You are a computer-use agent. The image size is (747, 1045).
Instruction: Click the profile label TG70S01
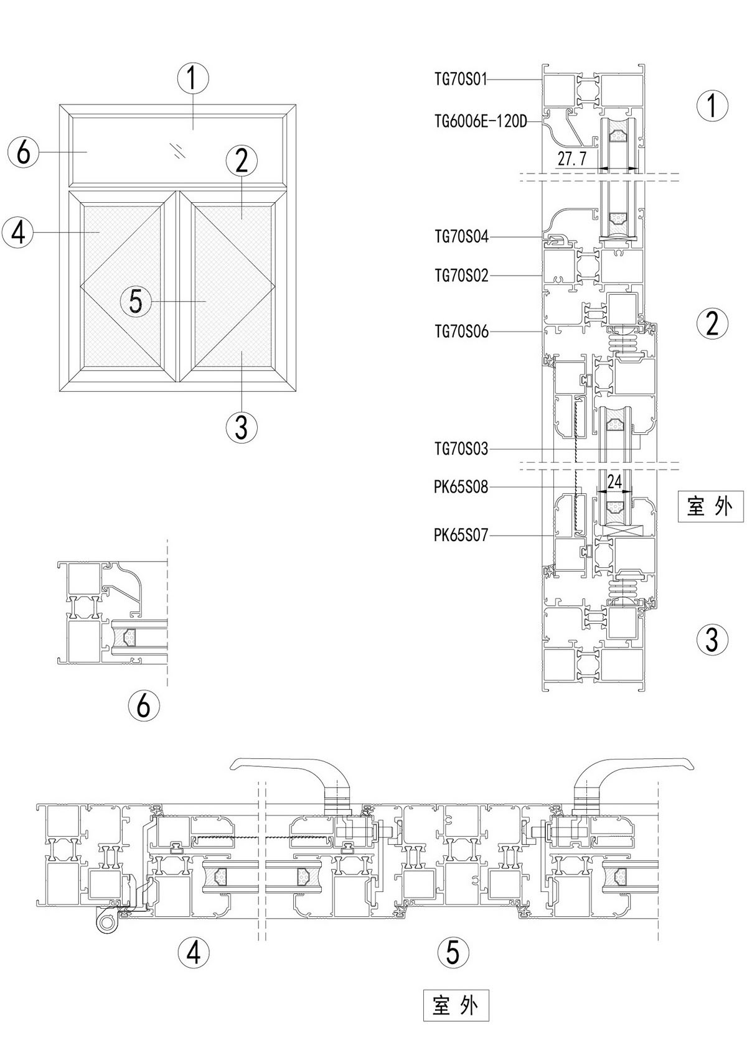pos(461,79)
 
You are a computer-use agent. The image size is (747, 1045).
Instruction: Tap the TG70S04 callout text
pos(461,236)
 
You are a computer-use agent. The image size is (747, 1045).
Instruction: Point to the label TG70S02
pos(461,275)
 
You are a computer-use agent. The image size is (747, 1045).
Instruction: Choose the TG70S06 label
pos(461,332)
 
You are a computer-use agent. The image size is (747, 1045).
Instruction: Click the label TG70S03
pos(461,448)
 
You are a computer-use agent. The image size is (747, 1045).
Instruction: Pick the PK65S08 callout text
pos(461,487)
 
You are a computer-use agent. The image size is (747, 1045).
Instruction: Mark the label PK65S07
pos(461,534)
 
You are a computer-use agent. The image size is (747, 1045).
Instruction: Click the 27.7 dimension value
pos(572,159)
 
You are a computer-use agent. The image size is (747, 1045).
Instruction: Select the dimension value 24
pos(614,481)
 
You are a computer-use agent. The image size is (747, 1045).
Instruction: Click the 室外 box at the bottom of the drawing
pos(456,1005)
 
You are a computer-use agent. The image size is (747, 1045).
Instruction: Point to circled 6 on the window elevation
pos(24,151)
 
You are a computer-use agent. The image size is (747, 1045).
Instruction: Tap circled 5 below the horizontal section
pos(453,952)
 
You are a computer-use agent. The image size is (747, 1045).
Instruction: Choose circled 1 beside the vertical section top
pos(713,105)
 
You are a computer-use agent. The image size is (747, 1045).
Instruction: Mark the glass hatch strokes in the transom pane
pos(179,151)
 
